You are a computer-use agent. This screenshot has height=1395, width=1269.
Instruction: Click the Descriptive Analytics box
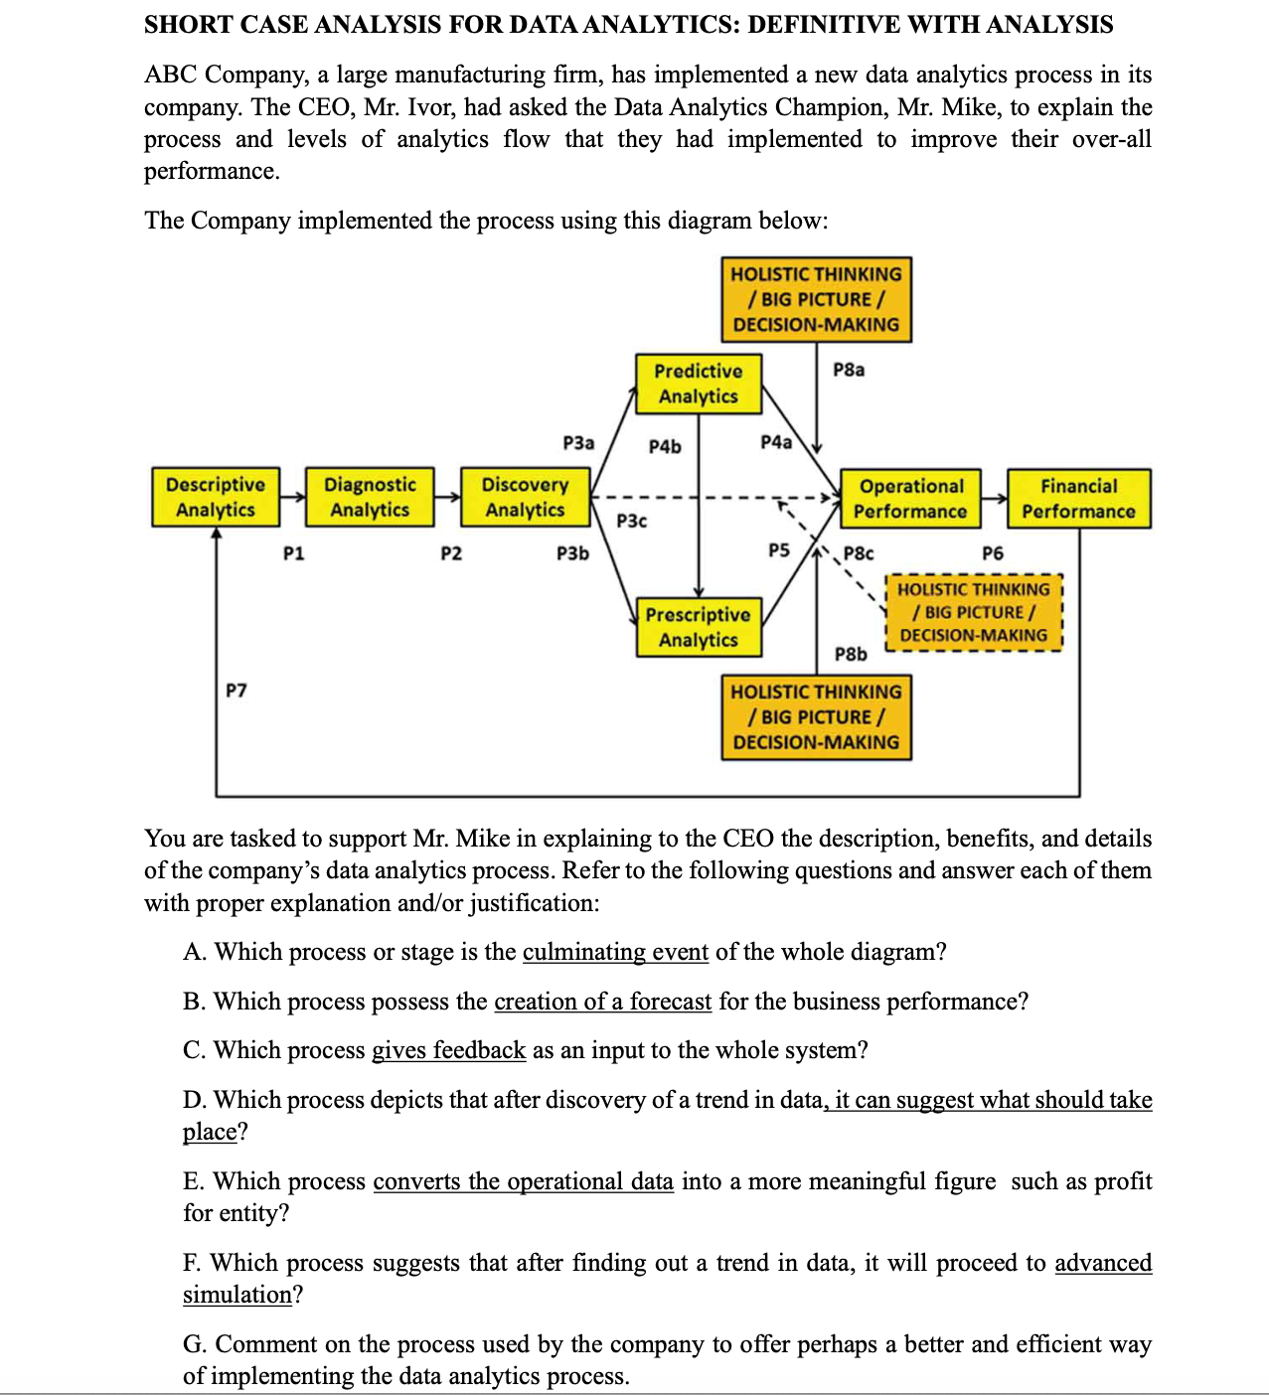click(x=216, y=497)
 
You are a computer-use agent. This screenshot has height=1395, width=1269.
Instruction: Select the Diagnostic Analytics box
click(x=370, y=497)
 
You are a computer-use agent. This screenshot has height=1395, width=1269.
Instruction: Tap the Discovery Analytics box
click(x=525, y=497)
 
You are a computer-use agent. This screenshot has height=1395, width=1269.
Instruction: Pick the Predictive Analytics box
click(x=699, y=384)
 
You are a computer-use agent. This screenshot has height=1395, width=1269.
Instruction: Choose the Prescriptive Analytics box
click(x=699, y=627)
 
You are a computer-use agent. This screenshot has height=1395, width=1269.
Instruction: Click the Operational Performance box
click(x=910, y=499)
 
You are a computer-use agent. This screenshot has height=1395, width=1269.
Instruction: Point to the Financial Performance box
click(x=1078, y=499)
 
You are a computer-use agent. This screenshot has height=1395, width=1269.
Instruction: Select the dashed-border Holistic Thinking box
click(x=973, y=612)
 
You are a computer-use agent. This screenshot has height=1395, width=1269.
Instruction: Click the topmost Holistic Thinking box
click(x=816, y=299)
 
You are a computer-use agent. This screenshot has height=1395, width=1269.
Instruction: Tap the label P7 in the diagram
click(x=237, y=690)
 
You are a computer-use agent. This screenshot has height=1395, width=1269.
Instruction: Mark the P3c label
click(x=631, y=521)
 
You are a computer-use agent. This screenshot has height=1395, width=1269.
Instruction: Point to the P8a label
click(x=849, y=370)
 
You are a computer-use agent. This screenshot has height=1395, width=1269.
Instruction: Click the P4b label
click(x=665, y=447)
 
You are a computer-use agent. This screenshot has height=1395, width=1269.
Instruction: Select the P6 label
click(x=992, y=553)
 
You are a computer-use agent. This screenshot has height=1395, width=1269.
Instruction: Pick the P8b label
click(x=851, y=654)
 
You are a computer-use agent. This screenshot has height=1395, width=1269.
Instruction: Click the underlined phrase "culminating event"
click(x=615, y=952)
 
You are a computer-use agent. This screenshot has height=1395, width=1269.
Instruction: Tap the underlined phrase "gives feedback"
click(x=448, y=1050)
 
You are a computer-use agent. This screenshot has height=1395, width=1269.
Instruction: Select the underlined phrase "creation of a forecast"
click(x=602, y=1002)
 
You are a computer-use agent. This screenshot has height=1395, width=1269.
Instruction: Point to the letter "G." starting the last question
click(x=195, y=1344)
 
